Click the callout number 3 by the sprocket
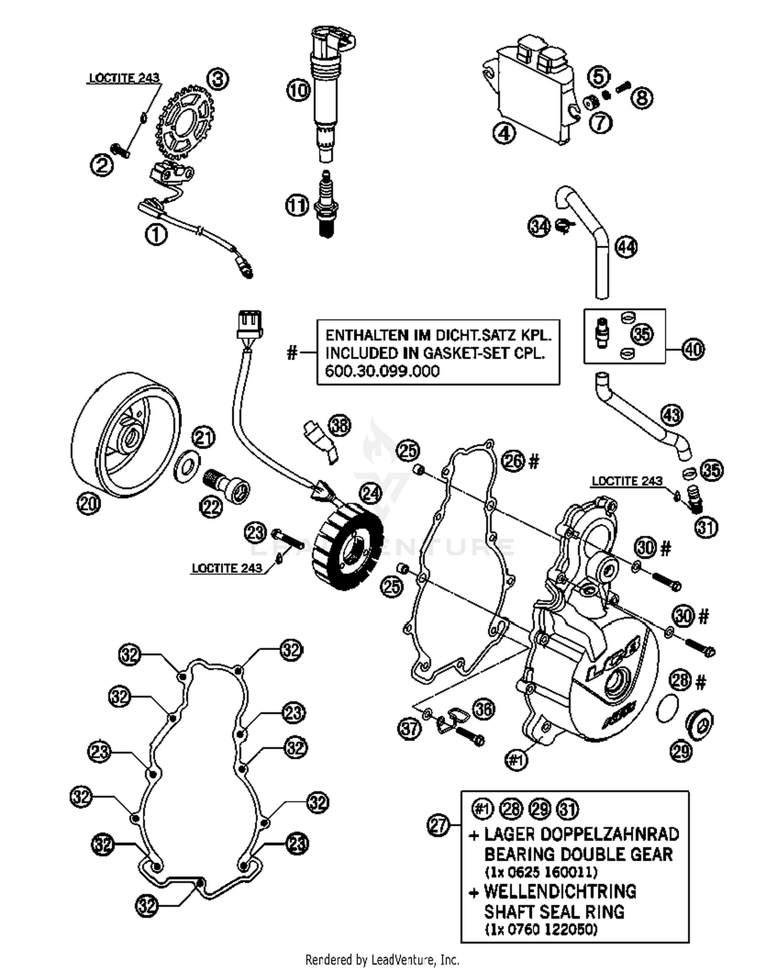[218, 79]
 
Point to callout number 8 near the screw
[642, 97]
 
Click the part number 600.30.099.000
[382, 371]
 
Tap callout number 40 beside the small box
[693, 350]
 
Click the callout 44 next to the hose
[626, 247]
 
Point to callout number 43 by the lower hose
[672, 414]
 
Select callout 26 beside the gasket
[513, 461]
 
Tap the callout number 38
[340, 425]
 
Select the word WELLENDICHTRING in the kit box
[560, 892]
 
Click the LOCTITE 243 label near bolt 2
[124, 78]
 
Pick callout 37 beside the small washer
[409, 729]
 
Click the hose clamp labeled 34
[564, 225]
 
